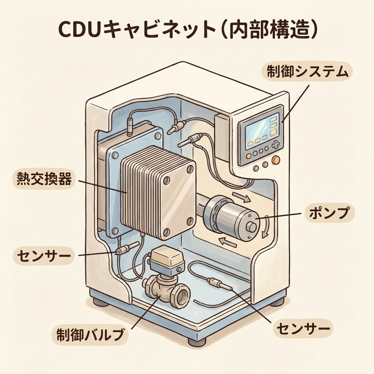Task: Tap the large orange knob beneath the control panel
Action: click(276, 160)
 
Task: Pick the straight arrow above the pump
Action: click(241, 198)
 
